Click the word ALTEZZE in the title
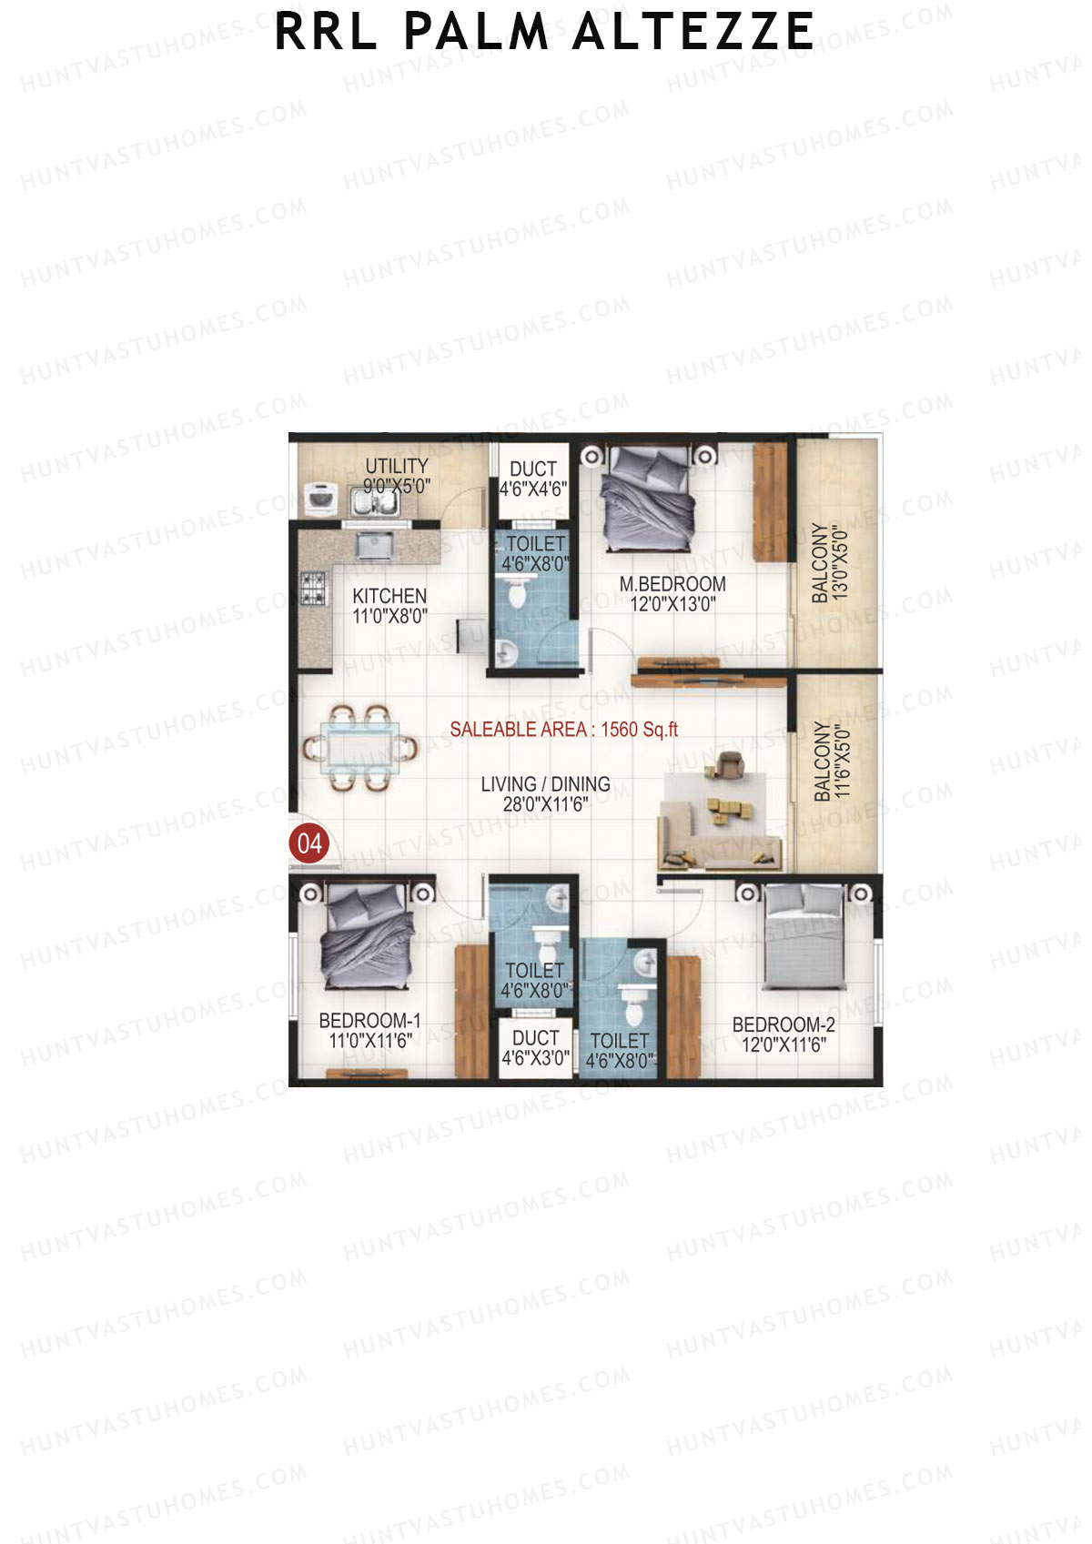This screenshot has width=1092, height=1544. pos(693,32)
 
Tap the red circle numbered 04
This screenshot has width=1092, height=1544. pos(309,843)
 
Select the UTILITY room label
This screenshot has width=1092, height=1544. pos(396,466)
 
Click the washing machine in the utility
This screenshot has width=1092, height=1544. pos(320,498)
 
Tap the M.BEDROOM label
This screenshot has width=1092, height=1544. pos(672,584)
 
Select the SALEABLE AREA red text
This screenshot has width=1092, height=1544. pos(563,730)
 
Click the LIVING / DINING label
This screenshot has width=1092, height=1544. pos(545,784)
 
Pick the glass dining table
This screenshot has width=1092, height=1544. pos(359,747)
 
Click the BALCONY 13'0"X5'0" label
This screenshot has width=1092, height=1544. pos(829,562)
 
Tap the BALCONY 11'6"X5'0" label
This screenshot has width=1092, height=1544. pos(831,762)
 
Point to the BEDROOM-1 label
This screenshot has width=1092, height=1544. pos(369,1021)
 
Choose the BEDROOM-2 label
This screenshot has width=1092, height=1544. pos(784,1024)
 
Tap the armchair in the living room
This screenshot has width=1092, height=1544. pos(729,763)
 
